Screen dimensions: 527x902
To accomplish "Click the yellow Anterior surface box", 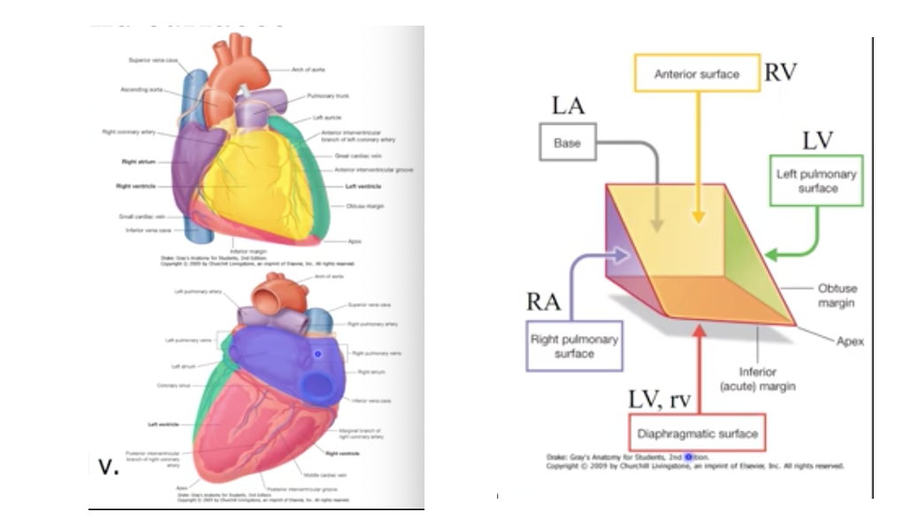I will tap(696, 73).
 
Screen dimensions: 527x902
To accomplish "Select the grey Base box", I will tap(567, 142).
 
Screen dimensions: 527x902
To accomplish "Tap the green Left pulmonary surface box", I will tap(818, 181).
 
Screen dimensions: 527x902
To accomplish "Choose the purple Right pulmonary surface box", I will tap(574, 346).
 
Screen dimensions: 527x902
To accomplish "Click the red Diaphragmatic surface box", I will tap(699, 434).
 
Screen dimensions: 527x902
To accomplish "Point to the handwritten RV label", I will tap(781, 73).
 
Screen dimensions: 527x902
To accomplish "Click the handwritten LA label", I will tap(569, 106).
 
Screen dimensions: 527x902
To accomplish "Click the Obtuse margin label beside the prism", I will tap(837, 295).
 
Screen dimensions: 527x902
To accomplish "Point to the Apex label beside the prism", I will tap(850, 341).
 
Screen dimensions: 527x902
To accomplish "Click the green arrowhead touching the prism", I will tap(770, 255).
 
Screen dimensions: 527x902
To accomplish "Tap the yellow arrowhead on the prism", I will tap(699, 217).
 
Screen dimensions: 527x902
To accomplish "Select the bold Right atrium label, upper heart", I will tap(140, 162).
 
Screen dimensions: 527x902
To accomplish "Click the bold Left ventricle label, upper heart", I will tap(364, 187).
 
